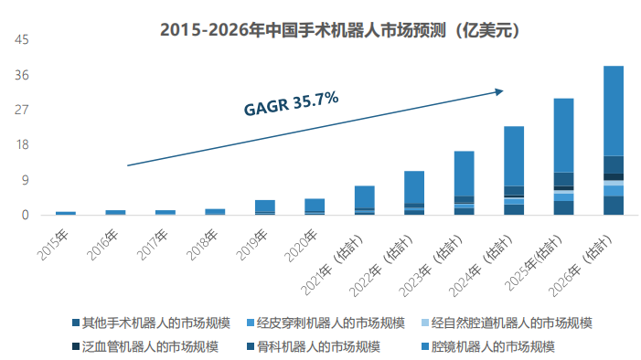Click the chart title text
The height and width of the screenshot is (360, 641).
click(340, 29)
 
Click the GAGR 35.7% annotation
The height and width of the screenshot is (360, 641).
click(291, 102)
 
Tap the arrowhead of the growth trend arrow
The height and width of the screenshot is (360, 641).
click(499, 90)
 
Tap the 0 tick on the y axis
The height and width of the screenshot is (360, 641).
click(26, 216)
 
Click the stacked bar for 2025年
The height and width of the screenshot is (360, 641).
click(564, 156)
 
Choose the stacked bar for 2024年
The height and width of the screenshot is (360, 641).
click(514, 170)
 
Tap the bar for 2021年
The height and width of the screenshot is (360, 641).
click(365, 200)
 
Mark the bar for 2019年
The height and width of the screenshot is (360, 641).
click(265, 207)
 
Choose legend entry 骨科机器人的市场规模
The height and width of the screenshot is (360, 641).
click(314, 346)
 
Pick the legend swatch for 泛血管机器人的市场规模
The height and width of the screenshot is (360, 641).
click(75, 347)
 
